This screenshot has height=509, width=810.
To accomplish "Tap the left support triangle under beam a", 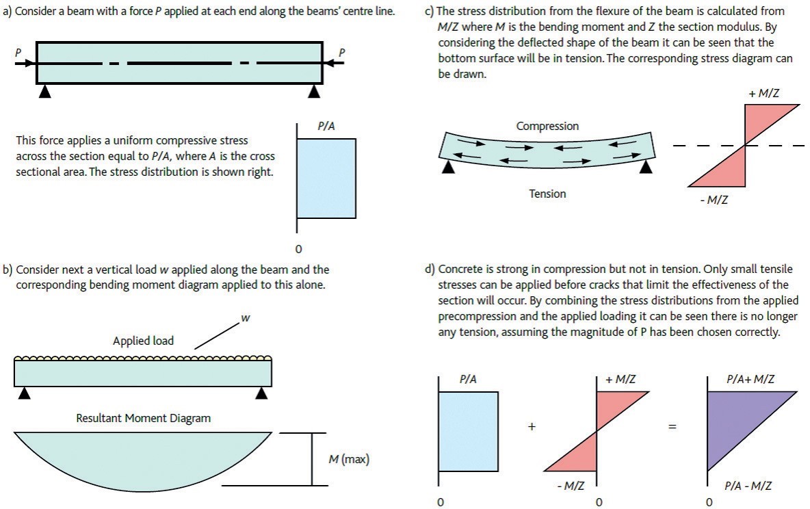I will pyautogui.click(x=44, y=91).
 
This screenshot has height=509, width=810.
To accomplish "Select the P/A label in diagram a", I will pyautogui.click(x=326, y=127).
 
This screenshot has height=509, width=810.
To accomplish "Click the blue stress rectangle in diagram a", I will pyautogui.click(x=326, y=178).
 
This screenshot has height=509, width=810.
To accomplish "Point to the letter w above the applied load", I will pyautogui.click(x=244, y=319).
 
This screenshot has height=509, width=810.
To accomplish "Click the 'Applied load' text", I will pyautogui.click(x=144, y=341).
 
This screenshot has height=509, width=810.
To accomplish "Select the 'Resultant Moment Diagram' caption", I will pyautogui.click(x=143, y=417).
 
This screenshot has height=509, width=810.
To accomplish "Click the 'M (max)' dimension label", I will pyautogui.click(x=349, y=459).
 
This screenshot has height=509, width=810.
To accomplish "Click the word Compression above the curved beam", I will pyautogui.click(x=547, y=126).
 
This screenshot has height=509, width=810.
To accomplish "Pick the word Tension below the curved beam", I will pyautogui.click(x=547, y=194).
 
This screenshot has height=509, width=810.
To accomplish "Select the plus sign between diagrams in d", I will pyautogui.click(x=532, y=426).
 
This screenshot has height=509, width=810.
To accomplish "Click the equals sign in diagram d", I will pyautogui.click(x=672, y=427).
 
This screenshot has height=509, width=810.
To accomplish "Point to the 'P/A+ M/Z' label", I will pyautogui.click(x=749, y=379).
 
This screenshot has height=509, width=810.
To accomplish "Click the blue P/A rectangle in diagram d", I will pyautogui.click(x=468, y=431).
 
